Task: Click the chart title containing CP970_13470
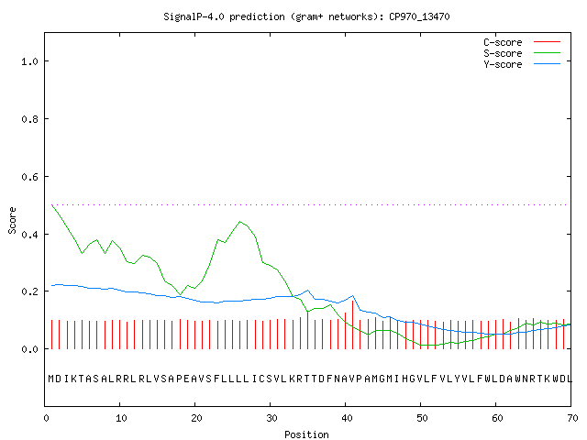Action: [x=306, y=16]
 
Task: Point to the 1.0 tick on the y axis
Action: [x=29, y=61]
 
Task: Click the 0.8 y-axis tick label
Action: [x=29, y=119]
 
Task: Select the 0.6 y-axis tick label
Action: [x=29, y=177]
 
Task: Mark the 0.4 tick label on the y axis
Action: [x=29, y=235]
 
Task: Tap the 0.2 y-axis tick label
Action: [x=29, y=291]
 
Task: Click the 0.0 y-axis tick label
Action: [x=29, y=349]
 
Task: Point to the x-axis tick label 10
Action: [x=121, y=418]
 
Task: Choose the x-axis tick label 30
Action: [x=271, y=418]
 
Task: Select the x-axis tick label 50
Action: [x=422, y=418]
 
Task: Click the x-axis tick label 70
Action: [x=572, y=418]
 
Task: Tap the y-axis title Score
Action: [x=12, y=220]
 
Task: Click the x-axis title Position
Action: [x=306, y=434]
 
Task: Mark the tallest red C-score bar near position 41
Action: [x=352, y=324]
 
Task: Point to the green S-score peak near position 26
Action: [x=240, y=222]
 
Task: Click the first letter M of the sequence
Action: [x=51, y=379]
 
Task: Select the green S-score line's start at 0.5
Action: [x=52, y=205]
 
